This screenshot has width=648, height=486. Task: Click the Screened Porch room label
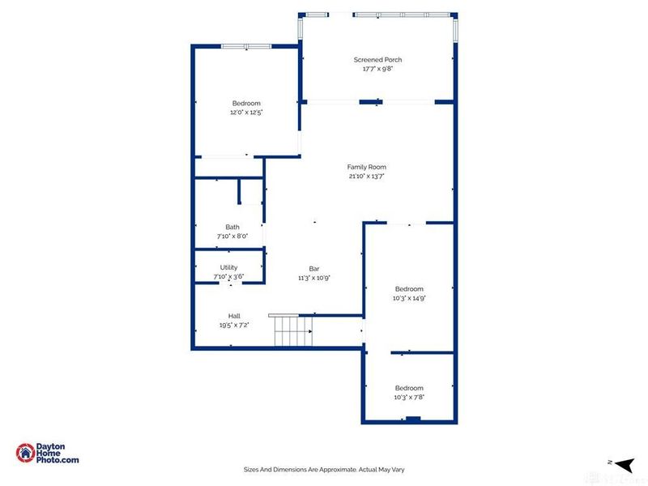click(377, 60)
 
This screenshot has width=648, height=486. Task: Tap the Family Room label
click(366, 167)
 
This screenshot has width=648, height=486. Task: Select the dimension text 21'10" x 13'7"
click(366, 176)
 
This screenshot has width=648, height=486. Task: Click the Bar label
click(314, 269)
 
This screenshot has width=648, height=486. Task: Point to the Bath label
click(232, 228)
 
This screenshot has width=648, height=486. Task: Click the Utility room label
click(228, 267)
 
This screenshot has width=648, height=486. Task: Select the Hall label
click(233, 316)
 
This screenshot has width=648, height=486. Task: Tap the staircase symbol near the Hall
click(292, 332)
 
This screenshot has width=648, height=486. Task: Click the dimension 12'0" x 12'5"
click(246, 113)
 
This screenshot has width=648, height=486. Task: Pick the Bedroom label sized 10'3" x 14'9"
click(409, 289)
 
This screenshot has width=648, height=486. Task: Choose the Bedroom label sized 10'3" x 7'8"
click(409, 388)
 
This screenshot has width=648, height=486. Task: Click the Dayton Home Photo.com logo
click(48, 454)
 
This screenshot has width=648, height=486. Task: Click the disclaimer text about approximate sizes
click(324, 468)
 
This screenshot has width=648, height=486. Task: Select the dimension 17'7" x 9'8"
click(377, 69)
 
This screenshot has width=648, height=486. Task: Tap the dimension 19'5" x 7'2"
click(233, 325)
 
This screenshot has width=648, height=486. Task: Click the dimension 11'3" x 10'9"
click(314, 278)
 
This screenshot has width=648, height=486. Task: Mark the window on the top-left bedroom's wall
click(246, 47)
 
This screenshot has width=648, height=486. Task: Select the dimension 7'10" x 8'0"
click(232, 237)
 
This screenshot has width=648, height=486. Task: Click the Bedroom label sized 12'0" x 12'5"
click(246, 103)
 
